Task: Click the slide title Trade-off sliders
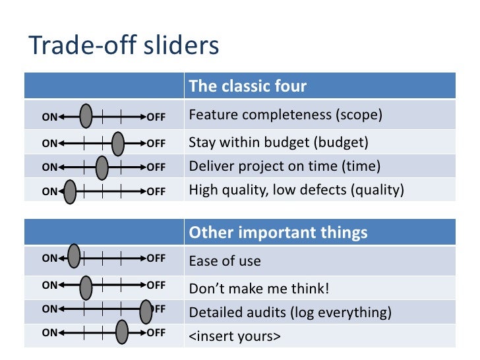[124, 46]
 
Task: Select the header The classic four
[247, 86]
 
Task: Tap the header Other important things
[278, 233]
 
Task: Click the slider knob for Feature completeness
[86, 117]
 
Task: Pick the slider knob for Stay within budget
[118, 142]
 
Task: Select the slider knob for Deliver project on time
[102, 167]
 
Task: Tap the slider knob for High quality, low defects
[70, 192]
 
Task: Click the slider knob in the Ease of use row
[75, 258]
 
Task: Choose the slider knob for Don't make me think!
[86, 287]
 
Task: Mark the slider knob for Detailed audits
[146, 311]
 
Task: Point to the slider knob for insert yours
[122, 332]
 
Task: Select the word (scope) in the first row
[359, 115]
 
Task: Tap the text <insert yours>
[235, 336]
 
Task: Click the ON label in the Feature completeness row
[49, 118]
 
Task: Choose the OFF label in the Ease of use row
[156, 258]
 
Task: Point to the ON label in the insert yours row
[49, 333]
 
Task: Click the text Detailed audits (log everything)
[290, 313]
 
